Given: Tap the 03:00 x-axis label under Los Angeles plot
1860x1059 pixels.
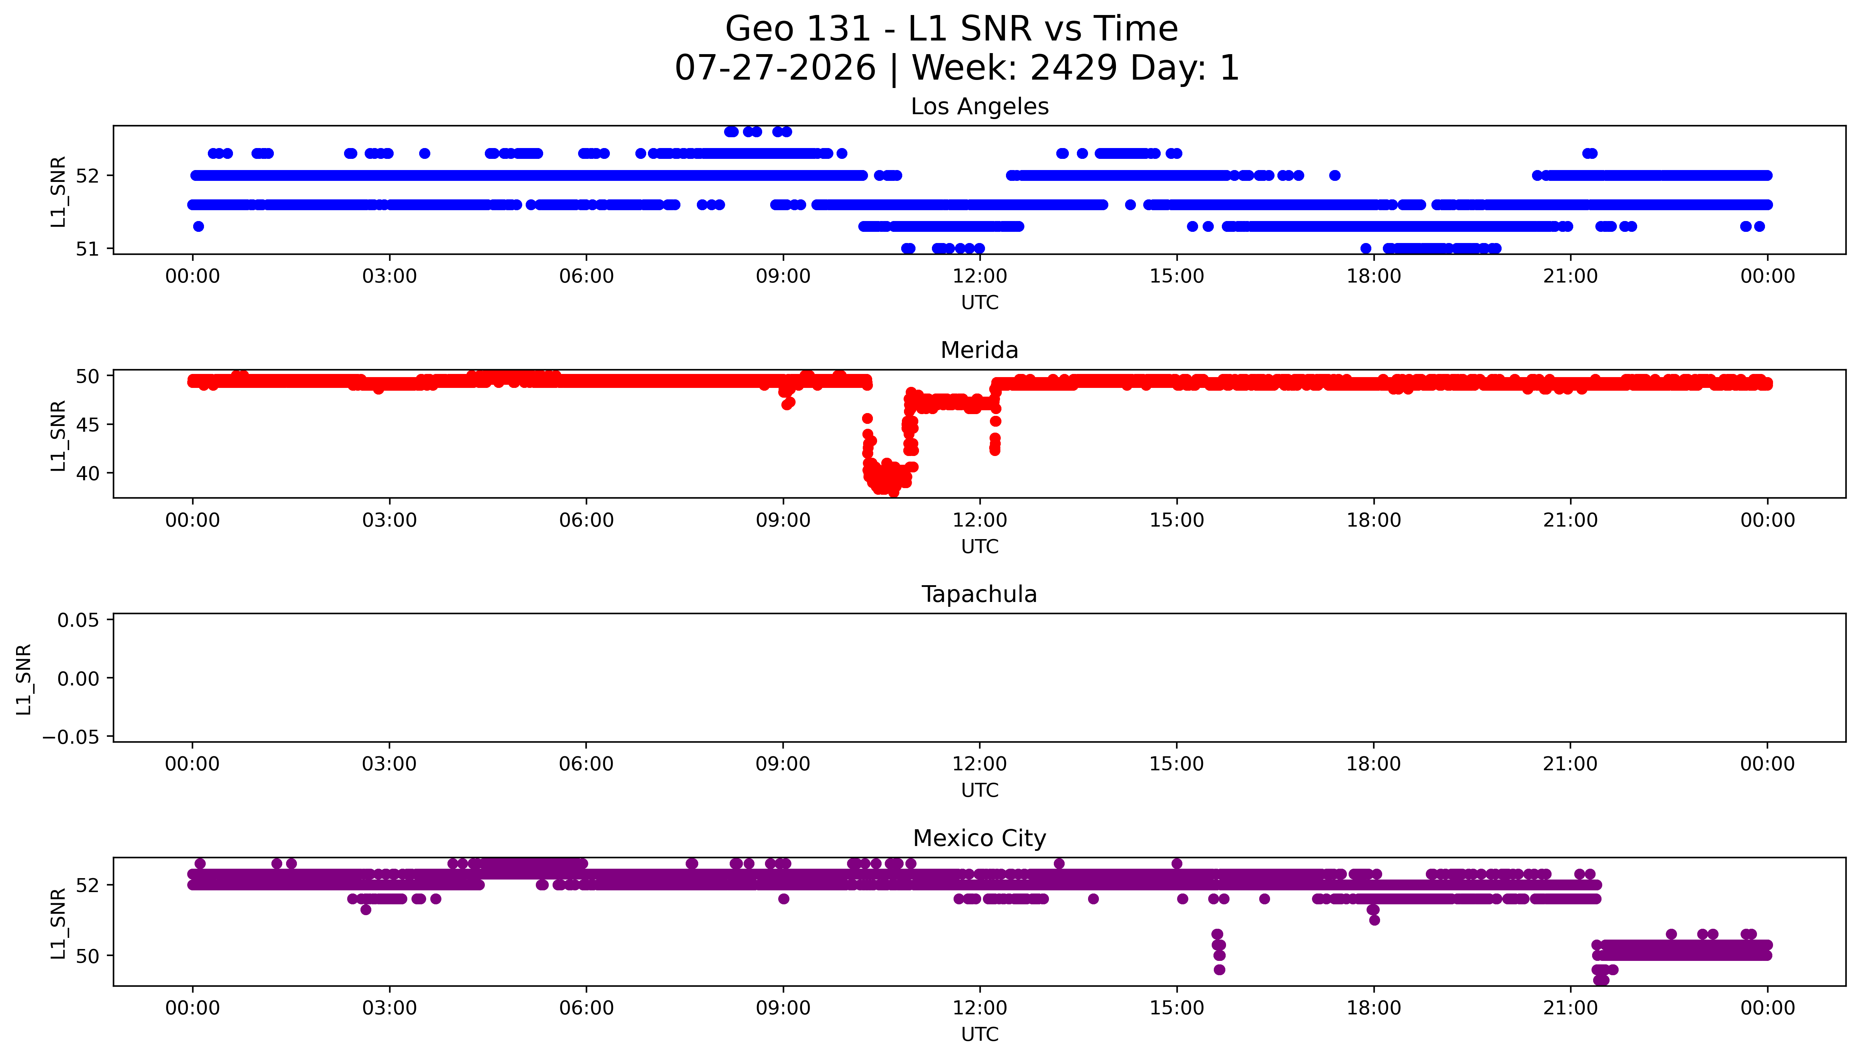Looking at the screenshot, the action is [389, 277].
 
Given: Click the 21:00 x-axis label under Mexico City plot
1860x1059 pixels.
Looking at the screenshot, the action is [1570, 1008].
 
